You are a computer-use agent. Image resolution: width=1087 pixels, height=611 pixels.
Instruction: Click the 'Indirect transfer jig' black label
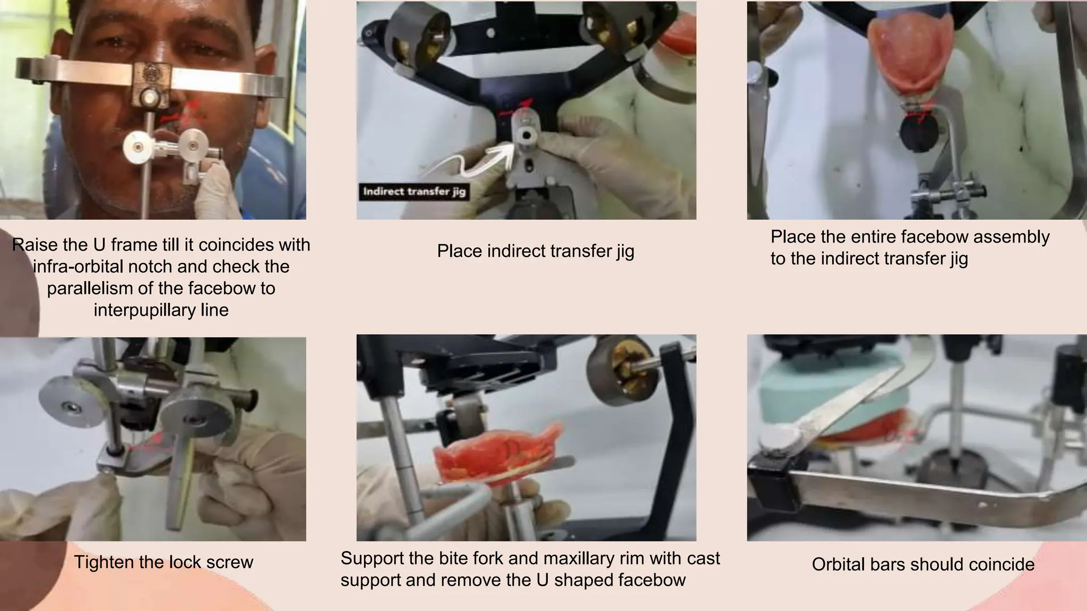[x=414, y=191]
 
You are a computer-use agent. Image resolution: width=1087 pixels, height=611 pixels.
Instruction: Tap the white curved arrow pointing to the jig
[x=478, y=162]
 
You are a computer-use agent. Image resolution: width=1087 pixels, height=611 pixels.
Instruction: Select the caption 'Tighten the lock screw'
[x=163, y=562]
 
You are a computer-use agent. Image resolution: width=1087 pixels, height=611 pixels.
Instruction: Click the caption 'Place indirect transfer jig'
[x=536, y=251]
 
